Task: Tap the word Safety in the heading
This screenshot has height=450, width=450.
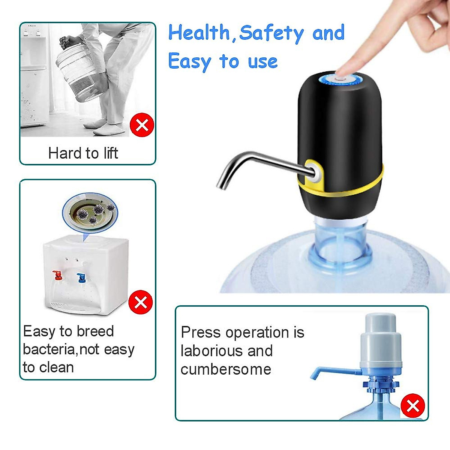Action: coord(271,33)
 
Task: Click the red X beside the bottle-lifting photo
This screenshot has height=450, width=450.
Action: coord(142,125)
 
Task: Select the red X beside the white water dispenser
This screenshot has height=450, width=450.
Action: coord(140,302)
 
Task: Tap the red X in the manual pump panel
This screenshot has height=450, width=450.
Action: coord(412,406)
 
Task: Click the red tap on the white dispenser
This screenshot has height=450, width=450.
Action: coord(57,276)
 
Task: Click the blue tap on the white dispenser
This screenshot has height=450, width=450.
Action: coord(81,278)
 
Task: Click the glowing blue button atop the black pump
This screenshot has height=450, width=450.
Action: coord(340,79)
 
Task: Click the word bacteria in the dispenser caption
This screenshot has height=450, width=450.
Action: coord(49,349)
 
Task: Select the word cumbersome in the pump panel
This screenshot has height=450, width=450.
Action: coord(226,369)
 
